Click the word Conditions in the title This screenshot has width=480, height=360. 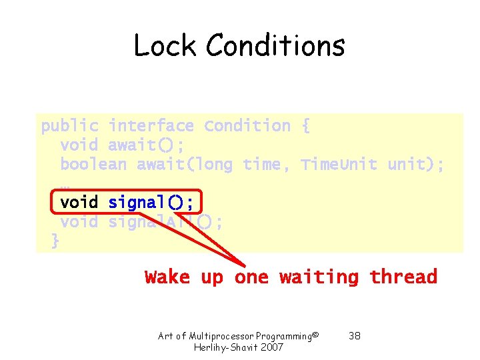275,46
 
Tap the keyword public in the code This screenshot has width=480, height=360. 70,126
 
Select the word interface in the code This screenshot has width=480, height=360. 151,126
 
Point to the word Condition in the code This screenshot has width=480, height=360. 247,126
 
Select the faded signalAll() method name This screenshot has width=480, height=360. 165,221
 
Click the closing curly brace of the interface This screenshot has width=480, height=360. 55,241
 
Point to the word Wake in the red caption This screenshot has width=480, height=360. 167,277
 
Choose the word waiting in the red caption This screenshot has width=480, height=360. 319,277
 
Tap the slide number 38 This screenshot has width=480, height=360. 355,336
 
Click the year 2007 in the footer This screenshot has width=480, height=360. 271,347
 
